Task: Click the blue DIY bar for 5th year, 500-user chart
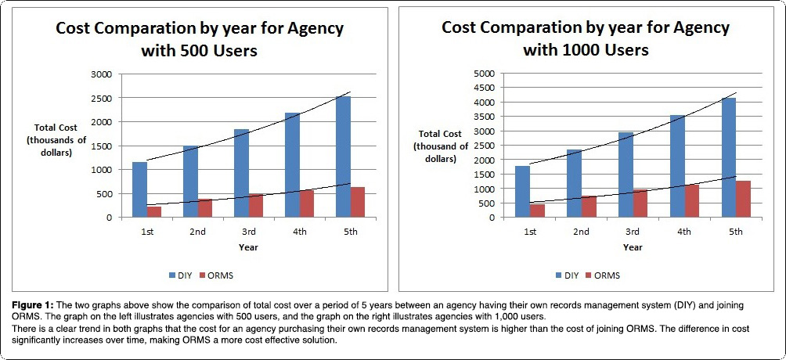point(343,157)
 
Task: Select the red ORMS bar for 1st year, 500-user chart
point(154,211)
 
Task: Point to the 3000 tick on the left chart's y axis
point(103,74)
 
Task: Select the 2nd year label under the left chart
point(197,231)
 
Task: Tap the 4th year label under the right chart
point(684,231)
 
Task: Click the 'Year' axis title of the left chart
point(248,247)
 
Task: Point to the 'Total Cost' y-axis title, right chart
point(441,134)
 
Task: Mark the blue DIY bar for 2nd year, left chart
point(190,181)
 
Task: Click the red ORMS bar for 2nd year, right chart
point(589,206)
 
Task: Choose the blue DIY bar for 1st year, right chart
point(523,191)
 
